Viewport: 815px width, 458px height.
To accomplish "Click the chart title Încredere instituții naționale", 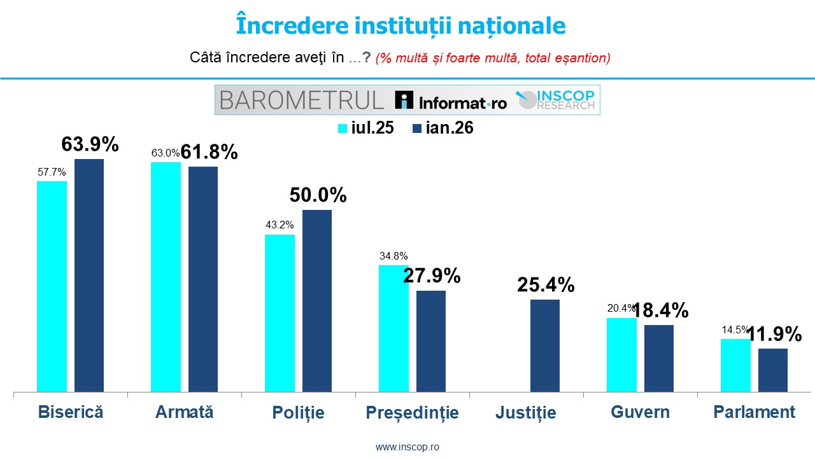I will pyautogui.click(x=400, y=25).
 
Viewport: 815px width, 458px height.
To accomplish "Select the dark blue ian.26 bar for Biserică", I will pyautogui.click(x=89, y=275).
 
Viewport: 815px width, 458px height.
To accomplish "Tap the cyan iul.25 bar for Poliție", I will pyautogui.click(x=280, y=313).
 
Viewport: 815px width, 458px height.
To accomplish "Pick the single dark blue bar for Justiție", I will pyautogui.click(x=545, y=345).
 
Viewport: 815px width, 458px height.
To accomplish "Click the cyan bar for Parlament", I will pyautogui.click(x=735, y=365).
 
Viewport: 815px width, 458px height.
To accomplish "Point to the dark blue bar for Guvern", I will pyautogui.click(x=659, y=358).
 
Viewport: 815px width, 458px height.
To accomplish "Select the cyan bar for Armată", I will pyautogui.click(x=166, y=277).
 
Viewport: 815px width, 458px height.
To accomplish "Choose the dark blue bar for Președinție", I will pyautogui.click(x=431, y=341).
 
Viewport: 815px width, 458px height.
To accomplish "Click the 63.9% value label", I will pyautogui.click(x=90, y=144).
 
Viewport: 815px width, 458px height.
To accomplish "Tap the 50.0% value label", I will pyautogui.click(x=318, y=195).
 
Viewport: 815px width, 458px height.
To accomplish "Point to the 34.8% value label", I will pyautogui.click(x=393, y=256).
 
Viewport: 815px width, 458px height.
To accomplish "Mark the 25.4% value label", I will pyautogui.click(x=546, y=285).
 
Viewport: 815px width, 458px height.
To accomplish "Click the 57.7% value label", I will pyautogui.click(x=52, y=172).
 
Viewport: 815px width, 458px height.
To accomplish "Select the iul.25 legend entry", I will pyautogui.click(x=366, y=128).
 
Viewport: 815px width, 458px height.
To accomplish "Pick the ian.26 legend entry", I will pyautogui.click(x=443, y=128).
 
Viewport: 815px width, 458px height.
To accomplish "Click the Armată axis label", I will pyautogui.click(x=185, y=412).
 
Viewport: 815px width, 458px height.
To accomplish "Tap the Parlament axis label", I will pyautogui.click(x=755, y=412).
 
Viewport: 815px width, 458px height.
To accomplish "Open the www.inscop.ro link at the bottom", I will pyautogui.click(x=407, y=447).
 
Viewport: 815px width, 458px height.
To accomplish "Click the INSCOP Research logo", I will pyautogui.click(x=556, y=99).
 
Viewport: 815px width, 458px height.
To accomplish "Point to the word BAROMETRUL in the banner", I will pyautogui.click(x=301, y=100).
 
